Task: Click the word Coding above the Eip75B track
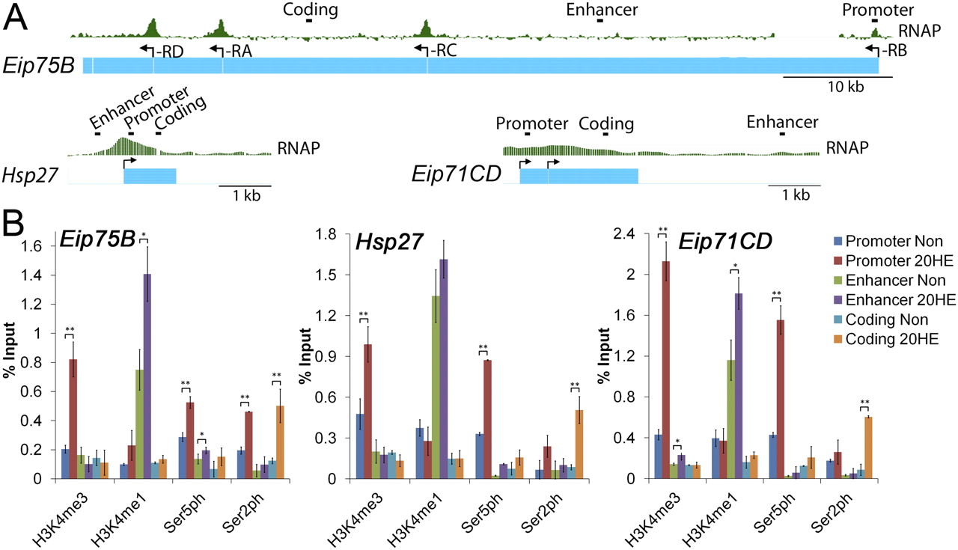pyautogui.click(x=311, y=10)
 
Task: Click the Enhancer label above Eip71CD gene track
pyautogui.click(x=781, y=122)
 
